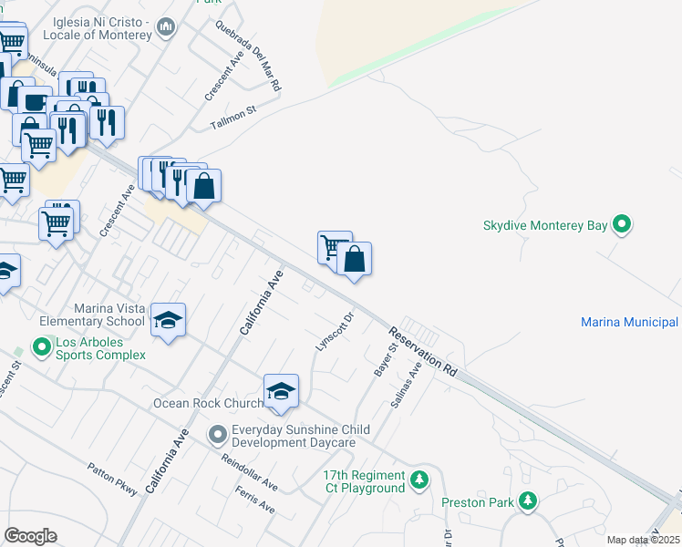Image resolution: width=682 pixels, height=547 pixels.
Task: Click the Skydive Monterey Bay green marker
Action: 623,223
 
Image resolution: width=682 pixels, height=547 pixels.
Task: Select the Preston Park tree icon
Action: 527,501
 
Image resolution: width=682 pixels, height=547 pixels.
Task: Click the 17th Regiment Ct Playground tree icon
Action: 418,478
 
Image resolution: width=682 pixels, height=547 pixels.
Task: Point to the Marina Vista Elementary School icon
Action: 168,320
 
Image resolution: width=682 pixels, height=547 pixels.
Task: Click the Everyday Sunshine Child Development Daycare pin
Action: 217,433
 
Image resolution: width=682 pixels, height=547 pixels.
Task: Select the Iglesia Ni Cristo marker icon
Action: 165,28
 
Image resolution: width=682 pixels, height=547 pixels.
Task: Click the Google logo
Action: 30,536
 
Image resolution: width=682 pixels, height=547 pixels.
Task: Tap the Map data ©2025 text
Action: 642,540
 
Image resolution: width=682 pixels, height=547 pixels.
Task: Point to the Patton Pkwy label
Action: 112,480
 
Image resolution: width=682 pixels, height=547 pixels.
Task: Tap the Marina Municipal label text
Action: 629,322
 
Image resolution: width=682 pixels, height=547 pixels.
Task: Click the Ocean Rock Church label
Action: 208,403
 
